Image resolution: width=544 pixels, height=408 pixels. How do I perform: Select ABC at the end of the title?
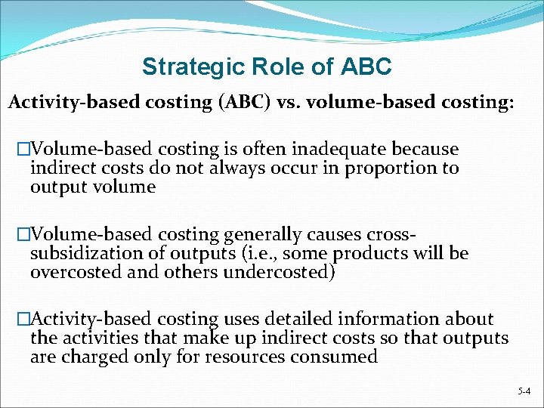click(366, 67)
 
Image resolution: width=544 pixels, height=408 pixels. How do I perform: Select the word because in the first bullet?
click(428, 150)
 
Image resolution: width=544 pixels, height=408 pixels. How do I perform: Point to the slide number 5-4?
click(524, 391)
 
